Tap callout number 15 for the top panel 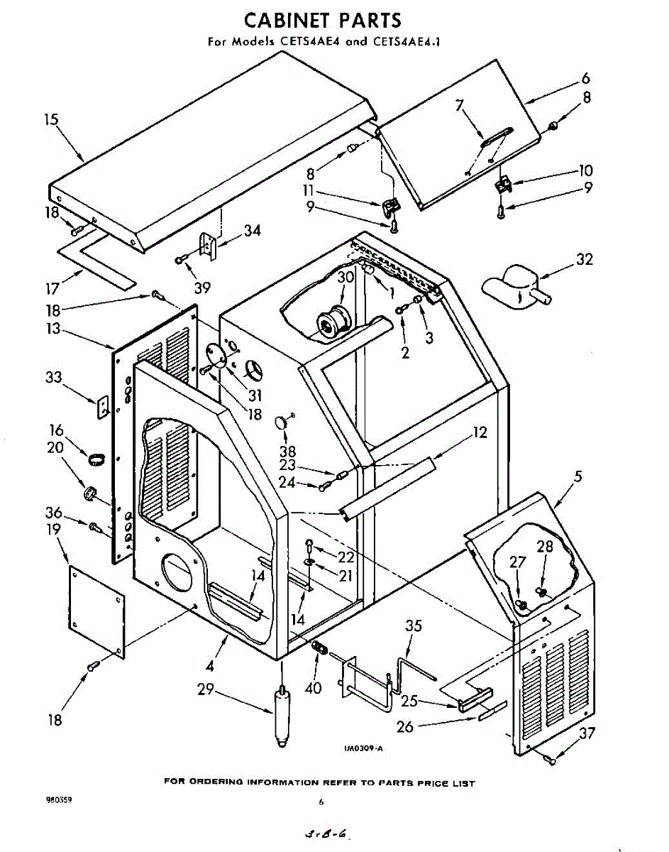coord(51,120)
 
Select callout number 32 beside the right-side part coord(584,260)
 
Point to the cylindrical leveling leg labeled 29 coord(282,714)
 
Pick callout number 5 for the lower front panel coord(578,477)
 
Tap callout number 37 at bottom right coord(587,734)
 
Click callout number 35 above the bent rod coord(413,626)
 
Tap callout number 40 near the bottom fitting coord(313,687)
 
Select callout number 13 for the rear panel coord(52,329)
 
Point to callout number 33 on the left coord(54,378)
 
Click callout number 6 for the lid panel coord(585,78)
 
